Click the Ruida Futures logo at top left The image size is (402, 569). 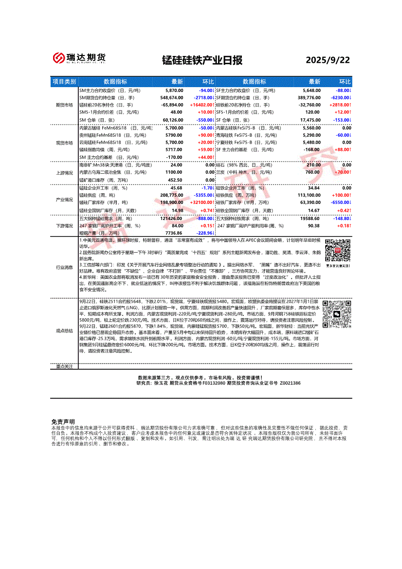click(x=79, y=58)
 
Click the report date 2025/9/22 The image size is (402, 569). click(x=328, y=60)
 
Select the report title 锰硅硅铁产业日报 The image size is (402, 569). click(x=202, y=60)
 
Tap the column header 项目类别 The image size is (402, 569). click(x=64, y=82)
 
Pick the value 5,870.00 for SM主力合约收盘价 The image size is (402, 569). click(x=174, y=91)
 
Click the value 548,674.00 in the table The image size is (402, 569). click(x=171, y=98)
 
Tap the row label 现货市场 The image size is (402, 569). click(x=64, y=143)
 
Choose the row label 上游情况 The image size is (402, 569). click(x=64, y=172)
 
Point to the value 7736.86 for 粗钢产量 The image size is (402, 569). click(x=174, y=233)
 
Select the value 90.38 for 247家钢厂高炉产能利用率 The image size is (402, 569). click(x=313, y=226)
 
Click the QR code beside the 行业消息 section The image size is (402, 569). click(x=337, y=252)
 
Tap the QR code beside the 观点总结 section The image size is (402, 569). click(x=337, y=314)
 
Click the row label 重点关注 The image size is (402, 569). click(x=64, y=367)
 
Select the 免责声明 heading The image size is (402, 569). click(x=63, y=422)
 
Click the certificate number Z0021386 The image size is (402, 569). click(x=290, y=384)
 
